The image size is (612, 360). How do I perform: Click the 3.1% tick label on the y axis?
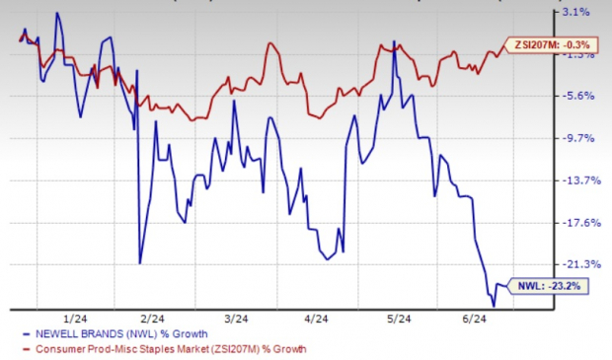(576, 13)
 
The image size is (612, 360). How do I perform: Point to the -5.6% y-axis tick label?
(576, 96)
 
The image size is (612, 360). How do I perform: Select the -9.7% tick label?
(576, 138)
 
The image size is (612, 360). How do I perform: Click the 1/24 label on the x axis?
(73, 319)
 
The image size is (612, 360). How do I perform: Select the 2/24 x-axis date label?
(153, 319)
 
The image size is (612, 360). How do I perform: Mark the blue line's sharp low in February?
(140, 263)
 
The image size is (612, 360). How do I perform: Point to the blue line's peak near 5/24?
(395, 42)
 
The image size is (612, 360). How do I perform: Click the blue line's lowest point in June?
(493, 306)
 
